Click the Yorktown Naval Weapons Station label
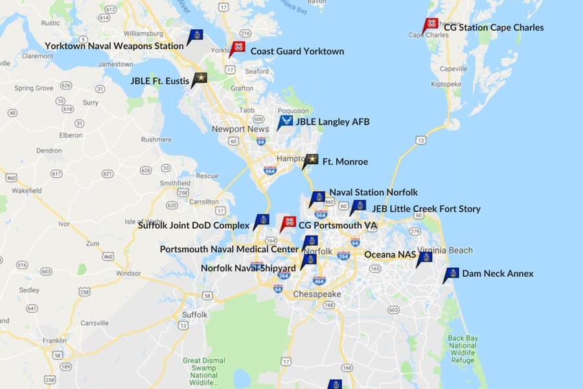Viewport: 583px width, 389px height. pos(114,46)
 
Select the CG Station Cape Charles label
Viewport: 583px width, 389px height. pos(494,28)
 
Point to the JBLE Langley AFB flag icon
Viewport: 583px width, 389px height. pos(284,121)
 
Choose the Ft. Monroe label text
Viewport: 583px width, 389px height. pos(345,161)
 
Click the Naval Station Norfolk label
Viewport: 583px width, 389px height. pos(373,193)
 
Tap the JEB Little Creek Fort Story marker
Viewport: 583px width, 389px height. pos(358,207)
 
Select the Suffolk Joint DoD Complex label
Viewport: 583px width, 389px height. pos(193,225)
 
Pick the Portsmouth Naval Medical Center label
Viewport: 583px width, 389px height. pos(229,249)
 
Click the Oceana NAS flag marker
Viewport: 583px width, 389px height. pos(424,259)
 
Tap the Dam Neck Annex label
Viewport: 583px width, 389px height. pos(497,274)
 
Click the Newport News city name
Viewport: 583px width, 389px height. pos(240,129)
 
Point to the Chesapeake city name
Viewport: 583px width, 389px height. pos(317,294)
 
